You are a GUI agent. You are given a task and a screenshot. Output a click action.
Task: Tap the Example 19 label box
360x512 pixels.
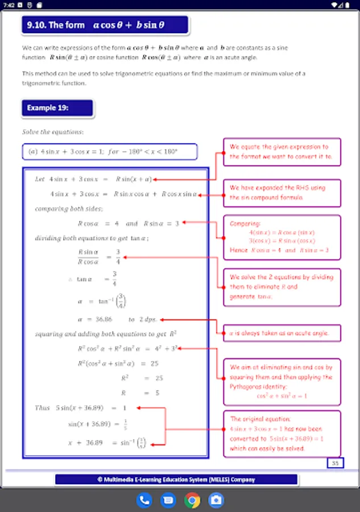pos(57,108)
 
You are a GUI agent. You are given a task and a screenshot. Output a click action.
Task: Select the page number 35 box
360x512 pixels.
pos(335,463)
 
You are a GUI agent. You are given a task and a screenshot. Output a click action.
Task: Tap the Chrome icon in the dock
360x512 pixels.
pos(192,500)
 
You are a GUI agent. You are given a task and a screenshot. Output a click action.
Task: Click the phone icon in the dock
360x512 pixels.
pos(144,500)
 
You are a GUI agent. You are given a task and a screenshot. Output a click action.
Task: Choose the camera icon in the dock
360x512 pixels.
pos(216,500)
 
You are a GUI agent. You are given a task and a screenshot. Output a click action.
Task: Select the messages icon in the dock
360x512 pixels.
pos(168,500)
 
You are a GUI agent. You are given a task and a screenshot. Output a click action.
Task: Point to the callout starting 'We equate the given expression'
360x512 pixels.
pos(282,151)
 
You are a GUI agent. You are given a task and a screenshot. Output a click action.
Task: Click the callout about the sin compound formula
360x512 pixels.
pos(282,192)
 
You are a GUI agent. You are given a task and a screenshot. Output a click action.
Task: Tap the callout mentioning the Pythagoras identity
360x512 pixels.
pos(282,381)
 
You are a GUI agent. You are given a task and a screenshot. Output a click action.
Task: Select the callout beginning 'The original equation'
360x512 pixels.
pos(282,433)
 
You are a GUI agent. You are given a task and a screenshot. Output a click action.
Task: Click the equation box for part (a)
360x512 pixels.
pos(109,152)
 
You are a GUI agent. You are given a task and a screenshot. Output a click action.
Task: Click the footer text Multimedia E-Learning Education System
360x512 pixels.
pos(176,480)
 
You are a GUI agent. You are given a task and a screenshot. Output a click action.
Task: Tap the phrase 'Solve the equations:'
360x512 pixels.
pos(53,132)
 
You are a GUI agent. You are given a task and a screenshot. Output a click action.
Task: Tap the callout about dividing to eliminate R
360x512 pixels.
pos(282,287)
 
